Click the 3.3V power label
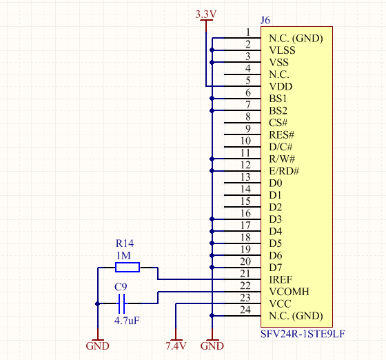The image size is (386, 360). click(206, 14)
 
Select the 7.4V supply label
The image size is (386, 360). click(176, 346)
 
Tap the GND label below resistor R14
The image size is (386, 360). click(97, 346)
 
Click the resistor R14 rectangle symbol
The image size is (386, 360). click(128, 267)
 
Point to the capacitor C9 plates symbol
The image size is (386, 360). click(121, 303)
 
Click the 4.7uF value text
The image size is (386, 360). click(127, 321)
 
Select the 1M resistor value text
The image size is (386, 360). click(123, 256)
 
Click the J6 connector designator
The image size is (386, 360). click(265, 20)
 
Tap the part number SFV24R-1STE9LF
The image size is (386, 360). click(303, 334)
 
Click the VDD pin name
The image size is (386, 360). click(281, 86)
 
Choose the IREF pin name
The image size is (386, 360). click(281, 279)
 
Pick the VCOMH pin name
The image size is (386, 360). click(289, 292)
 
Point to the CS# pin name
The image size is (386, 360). click(278, 123)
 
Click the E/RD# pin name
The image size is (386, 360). click(284, 171)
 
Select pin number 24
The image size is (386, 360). click(245, 310)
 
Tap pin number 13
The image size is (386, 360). click(245, 177)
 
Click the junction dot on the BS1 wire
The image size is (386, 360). click(212, 99)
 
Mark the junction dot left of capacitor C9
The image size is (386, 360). click(98, 303)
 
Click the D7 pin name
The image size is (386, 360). click(276, 268)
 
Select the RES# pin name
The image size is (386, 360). click(282, 134)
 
